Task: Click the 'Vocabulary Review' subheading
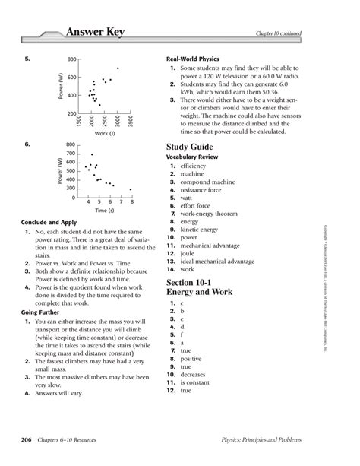point(196,157)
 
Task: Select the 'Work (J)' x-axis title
point(105,133)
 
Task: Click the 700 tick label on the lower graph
point(71,153)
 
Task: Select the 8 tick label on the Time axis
point(131,201)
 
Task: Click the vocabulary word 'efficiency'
point(193,166)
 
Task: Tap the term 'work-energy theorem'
point(211,214)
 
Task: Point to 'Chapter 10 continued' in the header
point(301,33)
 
